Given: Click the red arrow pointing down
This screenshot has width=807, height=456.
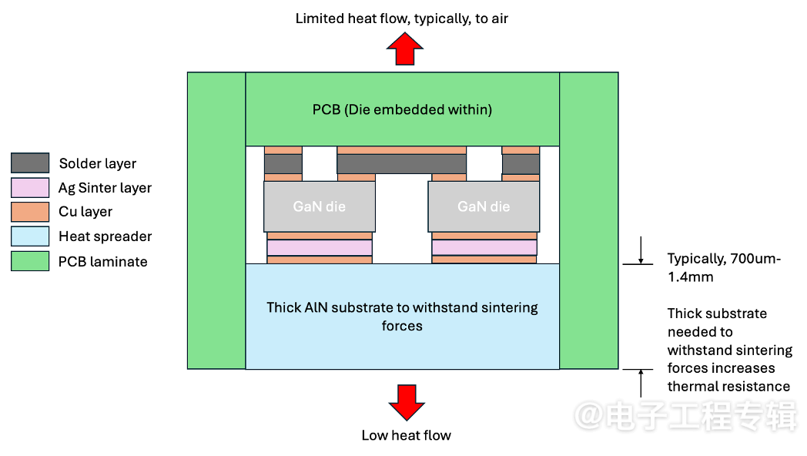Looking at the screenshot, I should (x=406, y=401).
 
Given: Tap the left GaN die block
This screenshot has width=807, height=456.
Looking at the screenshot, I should (x=320, y=206).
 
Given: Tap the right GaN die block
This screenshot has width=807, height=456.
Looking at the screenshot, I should (x=484, y=206).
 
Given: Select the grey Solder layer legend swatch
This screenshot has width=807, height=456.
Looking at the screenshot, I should (x=30, y=163).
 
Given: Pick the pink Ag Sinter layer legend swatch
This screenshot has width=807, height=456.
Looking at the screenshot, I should (x=30, y=188).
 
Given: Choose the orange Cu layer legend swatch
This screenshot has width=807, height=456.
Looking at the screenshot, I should (x=30, y=212).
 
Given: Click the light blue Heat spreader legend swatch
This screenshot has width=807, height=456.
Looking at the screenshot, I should (x=30, y=236).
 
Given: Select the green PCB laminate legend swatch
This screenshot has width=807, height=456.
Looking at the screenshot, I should (x=30, y=261).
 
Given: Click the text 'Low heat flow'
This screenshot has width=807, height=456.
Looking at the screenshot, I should (x=406, y=435).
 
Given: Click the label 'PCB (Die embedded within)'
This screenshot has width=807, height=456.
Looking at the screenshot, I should (x=402, y=109).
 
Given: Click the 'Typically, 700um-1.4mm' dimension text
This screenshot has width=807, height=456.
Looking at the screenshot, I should (x=724, y=267).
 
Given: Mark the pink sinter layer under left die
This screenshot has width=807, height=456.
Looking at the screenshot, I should (x=320, y=248).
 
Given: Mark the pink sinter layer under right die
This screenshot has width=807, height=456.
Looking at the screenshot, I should (x=484, y=248).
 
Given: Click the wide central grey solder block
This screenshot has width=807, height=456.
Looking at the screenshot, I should (x=402, y=164).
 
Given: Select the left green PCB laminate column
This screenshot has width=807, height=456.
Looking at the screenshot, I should (x=216, y=220).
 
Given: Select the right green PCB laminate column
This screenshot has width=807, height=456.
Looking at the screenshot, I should (x=589, y=220).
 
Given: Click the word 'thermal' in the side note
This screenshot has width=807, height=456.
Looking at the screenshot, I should (x=691, y=387).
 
